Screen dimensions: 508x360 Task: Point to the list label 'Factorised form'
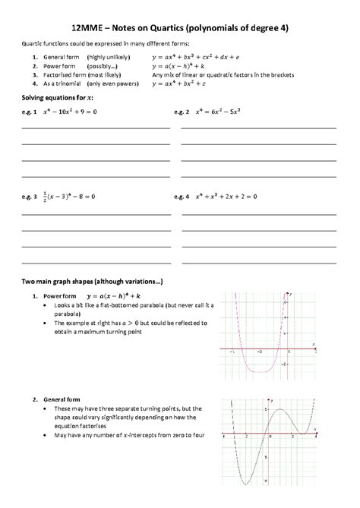(x=64, y=75)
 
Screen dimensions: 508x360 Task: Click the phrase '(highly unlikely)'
(x=107, y=57)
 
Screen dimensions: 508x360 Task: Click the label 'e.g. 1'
(x=30, y=112)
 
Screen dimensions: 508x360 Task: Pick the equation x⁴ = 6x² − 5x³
(x=223, y=112)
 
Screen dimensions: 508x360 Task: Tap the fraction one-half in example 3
(x=46, y=196)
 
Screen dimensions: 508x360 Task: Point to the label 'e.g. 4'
(x=182, y=196)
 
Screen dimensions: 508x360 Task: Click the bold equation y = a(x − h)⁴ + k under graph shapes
(x=118, y=295)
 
